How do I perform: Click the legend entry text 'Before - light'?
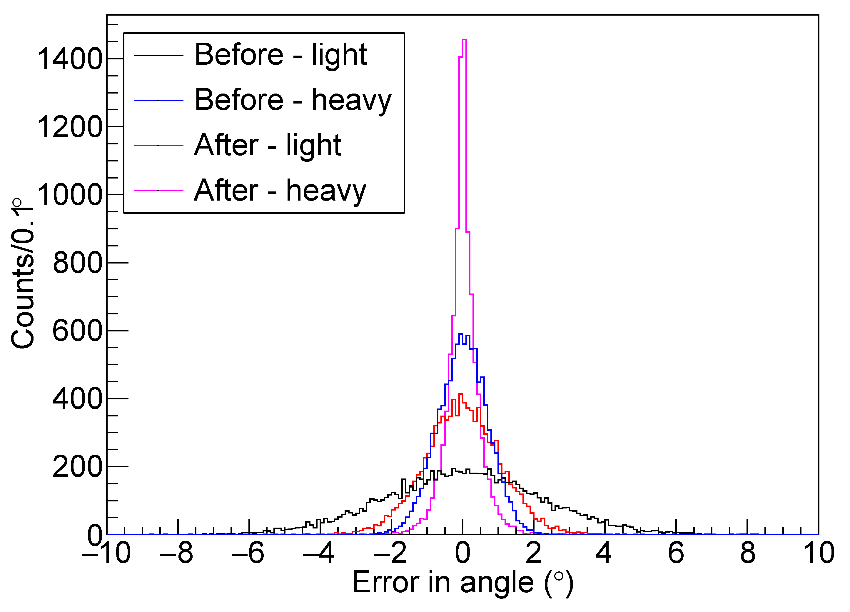pyautogui.click(x=280, y=55)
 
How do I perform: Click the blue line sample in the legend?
pyautogui.click(x=158, y=101)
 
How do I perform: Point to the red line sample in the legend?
pyautogui.click(x=158, y=145)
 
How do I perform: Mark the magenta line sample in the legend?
pyautogui.click(x=158, y=190)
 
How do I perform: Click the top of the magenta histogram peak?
pyautogui.click(x=464, y=39)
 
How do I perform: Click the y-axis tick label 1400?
pyautogui.click(x=70, y=59)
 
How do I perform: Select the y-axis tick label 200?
pyautogui.click(x=78, y=467)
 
